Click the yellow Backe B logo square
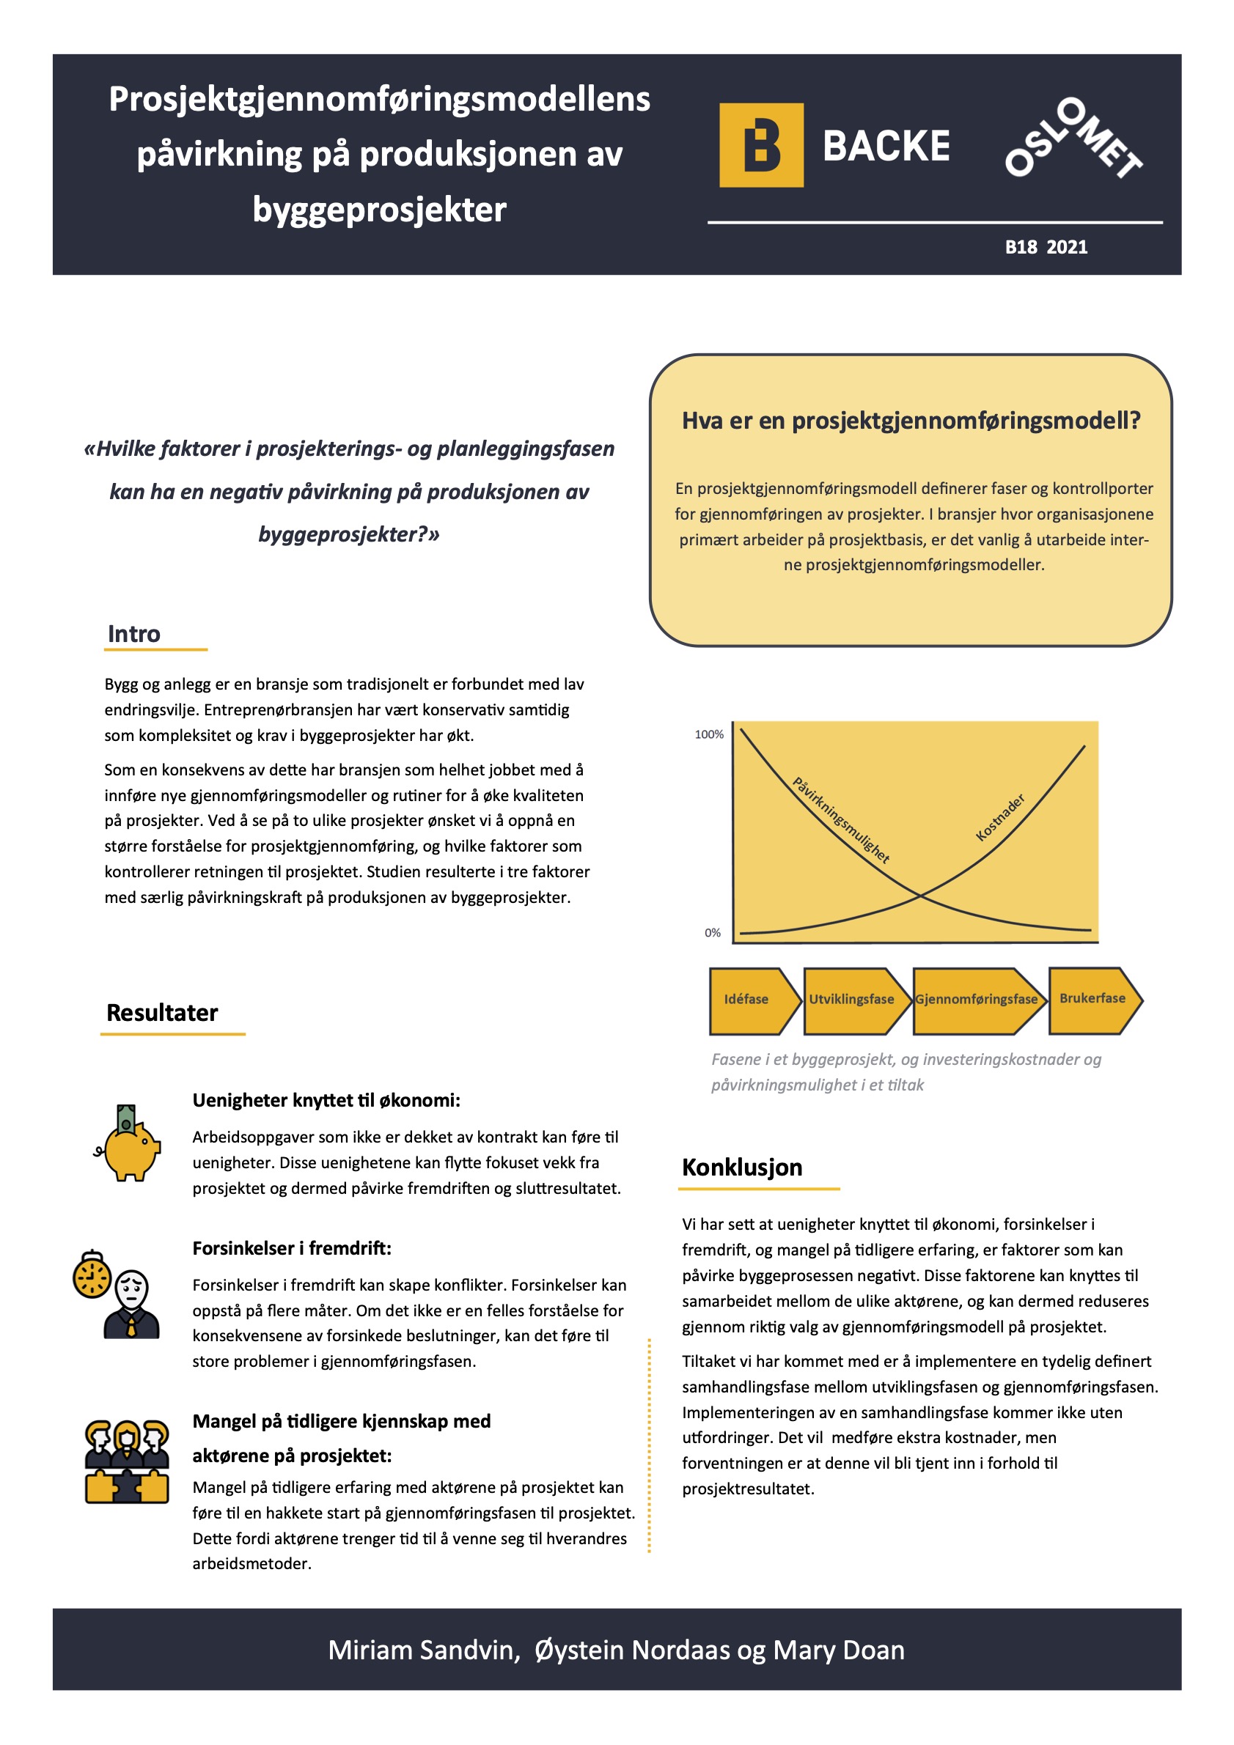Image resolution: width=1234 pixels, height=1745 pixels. pyautogui.click(x=761, y=145)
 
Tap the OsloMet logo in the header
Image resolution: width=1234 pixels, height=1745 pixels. pyautogui.click(x=1073, y=139)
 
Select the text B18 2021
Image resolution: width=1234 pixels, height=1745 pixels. pyautogui.click(x=1046, y=247)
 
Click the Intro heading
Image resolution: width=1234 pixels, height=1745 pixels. pyautogui.click(x=134, y=634)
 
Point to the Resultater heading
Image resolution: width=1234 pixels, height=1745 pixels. pyautogui.click(x=162, y=1013)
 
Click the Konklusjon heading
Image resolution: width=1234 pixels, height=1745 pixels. pyautogui.click(x=741, y=1167)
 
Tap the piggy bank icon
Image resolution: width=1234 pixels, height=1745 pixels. pyautogui.click(x=129, y=1143)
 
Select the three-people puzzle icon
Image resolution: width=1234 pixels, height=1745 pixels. pyautogui.click(x=126, y=1461)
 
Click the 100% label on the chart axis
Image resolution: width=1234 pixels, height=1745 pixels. pyautogui.click(x=708, y=734)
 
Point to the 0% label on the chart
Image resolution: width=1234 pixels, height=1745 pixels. pyautogui.click(x=713, y=932)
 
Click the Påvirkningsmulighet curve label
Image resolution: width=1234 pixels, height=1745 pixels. pyautogui.click(x=841, y=820)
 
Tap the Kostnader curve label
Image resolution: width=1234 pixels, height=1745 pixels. pyautogui.click(x=1000, y=818)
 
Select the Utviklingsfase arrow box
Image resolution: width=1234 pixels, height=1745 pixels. pyautogui.click(x=851, y=1000)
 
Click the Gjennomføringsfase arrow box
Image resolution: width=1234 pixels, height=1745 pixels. pyautogui.click(x=975, y=1000)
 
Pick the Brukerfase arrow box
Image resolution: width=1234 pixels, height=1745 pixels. pyautogui.click(x=1092, y=999)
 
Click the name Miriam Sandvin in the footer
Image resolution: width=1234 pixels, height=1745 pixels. pyautogui.click(x=424, y=1650)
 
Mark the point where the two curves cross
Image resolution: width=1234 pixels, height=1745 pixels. pyautogui.click(x=921, y=896)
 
